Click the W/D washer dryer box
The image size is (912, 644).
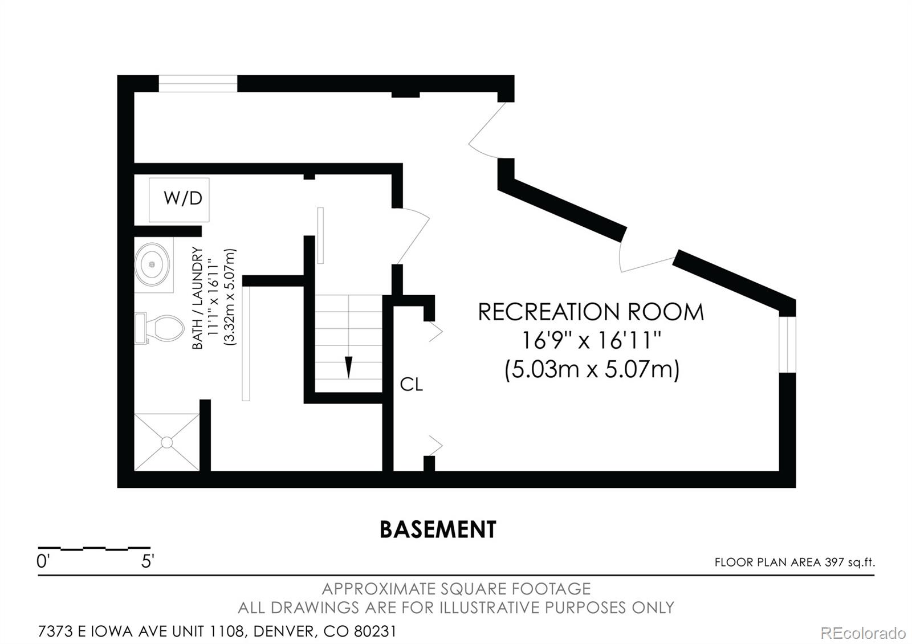pos(179,199)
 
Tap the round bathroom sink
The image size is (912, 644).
pos(152,264)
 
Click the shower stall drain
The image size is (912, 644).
pos(166,442)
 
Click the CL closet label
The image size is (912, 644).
pos(411,385)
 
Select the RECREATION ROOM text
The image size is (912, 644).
pos(591,312)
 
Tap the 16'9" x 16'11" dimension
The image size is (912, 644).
pos(591,341)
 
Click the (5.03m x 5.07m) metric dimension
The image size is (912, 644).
pos(592,370)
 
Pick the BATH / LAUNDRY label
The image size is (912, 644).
pos(197,297)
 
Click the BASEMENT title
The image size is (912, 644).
pos(438,529)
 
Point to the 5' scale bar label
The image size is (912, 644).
pos(148,562)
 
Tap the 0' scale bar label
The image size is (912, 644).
pos(43,562)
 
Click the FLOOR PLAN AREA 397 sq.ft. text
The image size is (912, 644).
pos(794,563)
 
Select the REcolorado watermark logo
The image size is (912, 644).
pos(862,633)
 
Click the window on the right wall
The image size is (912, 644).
pos(787,345)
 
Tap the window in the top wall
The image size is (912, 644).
pos(197,84)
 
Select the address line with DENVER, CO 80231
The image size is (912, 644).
pos(217,631)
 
